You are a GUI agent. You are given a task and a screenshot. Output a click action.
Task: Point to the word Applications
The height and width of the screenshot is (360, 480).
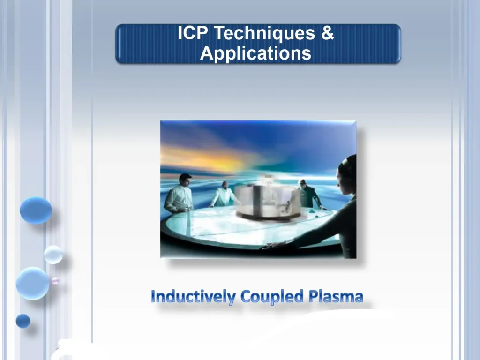[x=255, y=53]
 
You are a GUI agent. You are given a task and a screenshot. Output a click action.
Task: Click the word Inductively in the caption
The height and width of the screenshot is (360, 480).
[x=193, y=297]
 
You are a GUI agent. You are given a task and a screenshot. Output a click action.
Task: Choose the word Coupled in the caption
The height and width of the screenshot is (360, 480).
[x=272, y=297]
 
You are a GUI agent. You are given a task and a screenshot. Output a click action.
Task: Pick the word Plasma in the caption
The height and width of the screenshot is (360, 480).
[x=336, y=297]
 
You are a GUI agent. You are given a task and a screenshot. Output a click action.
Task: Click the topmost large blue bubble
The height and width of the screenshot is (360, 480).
[x=36, y=210]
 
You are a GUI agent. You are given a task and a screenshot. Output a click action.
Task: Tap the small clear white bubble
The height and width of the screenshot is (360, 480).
[x=53, y=255]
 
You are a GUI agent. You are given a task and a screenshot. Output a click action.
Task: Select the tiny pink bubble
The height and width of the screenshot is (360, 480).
[x=55, y=280]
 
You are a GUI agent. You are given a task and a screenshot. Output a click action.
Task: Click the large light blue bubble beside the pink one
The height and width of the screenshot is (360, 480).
[x=32, y=283]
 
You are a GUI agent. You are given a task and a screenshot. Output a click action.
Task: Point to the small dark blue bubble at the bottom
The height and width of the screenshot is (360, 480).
[x=23, y=321]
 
